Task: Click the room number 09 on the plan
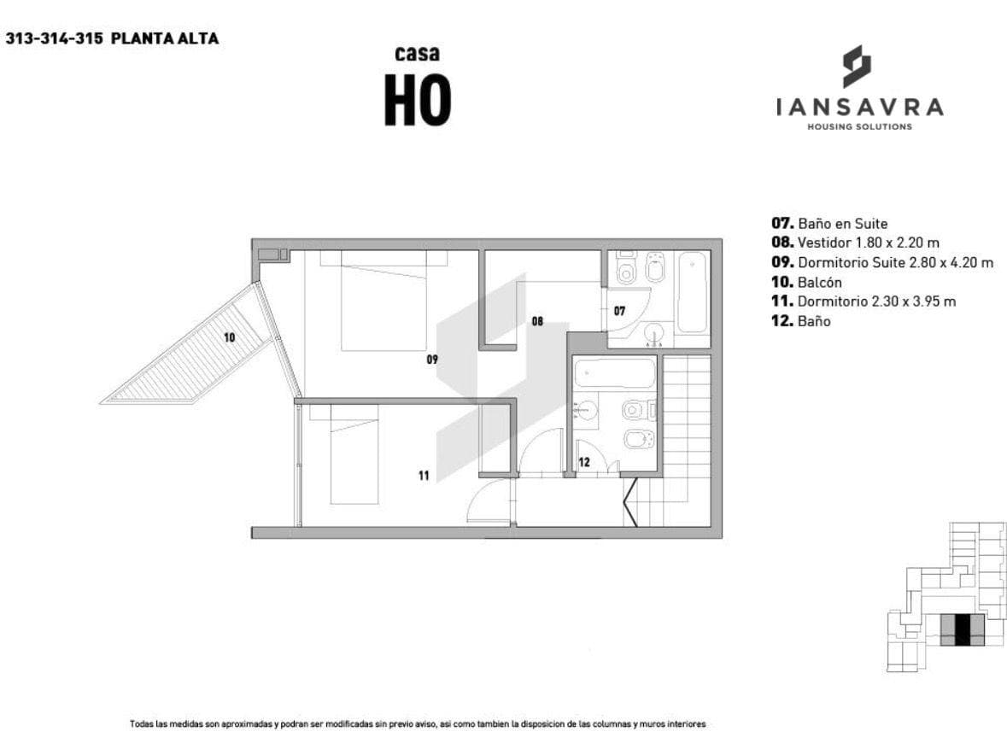coord(432,360)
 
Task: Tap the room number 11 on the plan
coord(424,476)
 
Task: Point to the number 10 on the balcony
coord(230,337)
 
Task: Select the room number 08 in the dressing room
coord(537,322)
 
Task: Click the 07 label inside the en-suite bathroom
coord(620,312)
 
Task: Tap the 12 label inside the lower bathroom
coord(584,462)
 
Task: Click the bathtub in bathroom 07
coord(693,291)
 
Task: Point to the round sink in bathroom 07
coord(656,333)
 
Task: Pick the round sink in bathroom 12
coord(586,411)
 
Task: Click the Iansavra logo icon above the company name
coord(857,66)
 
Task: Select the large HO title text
coord(417,100)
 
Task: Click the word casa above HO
coord(417,54)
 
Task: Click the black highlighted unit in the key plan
coord(962,629)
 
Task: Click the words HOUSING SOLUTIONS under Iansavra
coord(858,127)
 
